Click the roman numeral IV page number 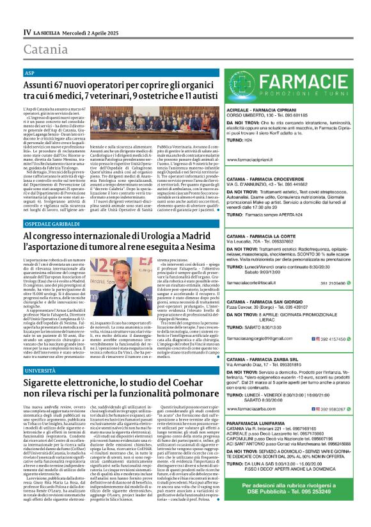click(x=27, y=32)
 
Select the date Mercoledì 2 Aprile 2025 click(x=93, y=32)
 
